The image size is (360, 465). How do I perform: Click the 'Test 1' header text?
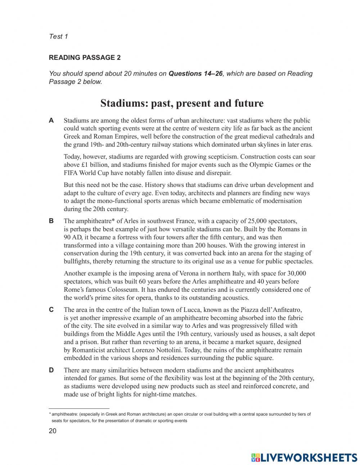(58, 36)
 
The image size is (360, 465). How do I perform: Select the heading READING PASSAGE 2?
(85, 58)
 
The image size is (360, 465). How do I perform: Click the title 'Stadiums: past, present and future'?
(182, 103)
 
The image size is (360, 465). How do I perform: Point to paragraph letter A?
(51, 121)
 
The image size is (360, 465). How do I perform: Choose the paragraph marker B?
(51, 221)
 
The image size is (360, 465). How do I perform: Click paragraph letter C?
(51, 310)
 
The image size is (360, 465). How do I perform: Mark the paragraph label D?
(51, 370)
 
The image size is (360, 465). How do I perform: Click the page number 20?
(53, 432)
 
